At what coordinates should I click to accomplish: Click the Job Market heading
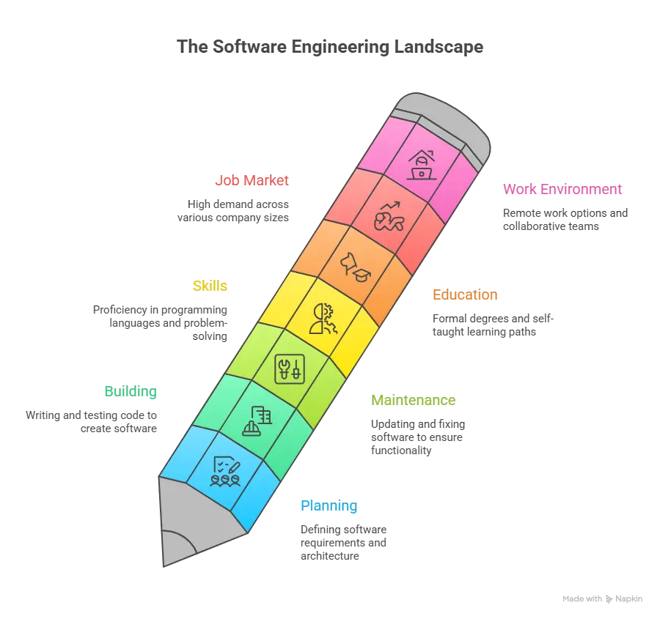(252, 180)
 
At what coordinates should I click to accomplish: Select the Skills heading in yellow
(210, 286)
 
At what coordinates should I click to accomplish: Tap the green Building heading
(130, 392)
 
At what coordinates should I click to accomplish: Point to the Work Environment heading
(563, 189)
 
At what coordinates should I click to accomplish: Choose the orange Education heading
(465, 295)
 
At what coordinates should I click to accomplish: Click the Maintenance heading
(414, 401)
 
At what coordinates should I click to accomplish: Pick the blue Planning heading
(329, 506)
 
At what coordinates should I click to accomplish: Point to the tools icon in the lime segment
(288, 368)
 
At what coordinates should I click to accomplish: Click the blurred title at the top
(330, 45)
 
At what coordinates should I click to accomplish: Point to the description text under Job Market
(235, 210)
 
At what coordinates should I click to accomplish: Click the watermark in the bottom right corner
(604, 598)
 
